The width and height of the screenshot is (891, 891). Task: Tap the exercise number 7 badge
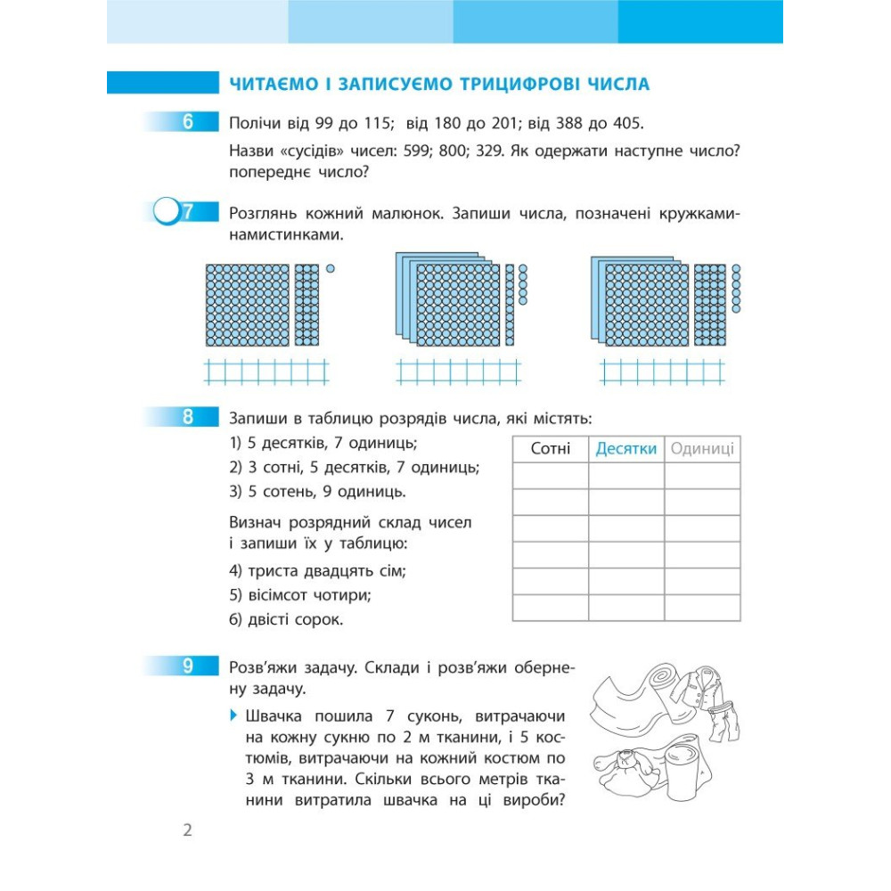(187, 213)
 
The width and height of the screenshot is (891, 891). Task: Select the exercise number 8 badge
(188, 417)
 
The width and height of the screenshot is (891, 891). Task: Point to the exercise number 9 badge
(188, 666)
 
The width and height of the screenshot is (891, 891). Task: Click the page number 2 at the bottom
(187, 831)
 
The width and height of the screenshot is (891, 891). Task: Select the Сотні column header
(550, 449)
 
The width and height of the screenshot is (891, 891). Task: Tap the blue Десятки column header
(625, 449)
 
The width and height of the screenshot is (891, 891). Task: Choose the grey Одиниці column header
(702, 449)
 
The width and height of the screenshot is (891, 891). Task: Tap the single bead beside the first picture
(331, 268)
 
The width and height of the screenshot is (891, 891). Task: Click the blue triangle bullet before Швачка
(233, 715)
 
